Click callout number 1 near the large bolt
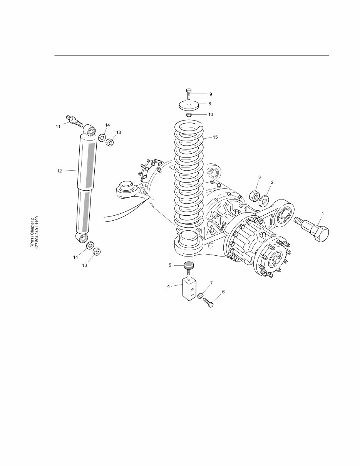point(323,213)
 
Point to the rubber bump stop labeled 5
point(189,266)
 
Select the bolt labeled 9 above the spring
point(189,93)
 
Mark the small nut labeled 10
point(189,114)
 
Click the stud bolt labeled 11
point(75,120)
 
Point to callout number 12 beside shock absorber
point(59,171)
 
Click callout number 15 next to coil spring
point(215,137)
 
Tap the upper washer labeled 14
point(102,137)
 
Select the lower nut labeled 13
point(97,252)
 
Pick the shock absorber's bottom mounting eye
point(82,238)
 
